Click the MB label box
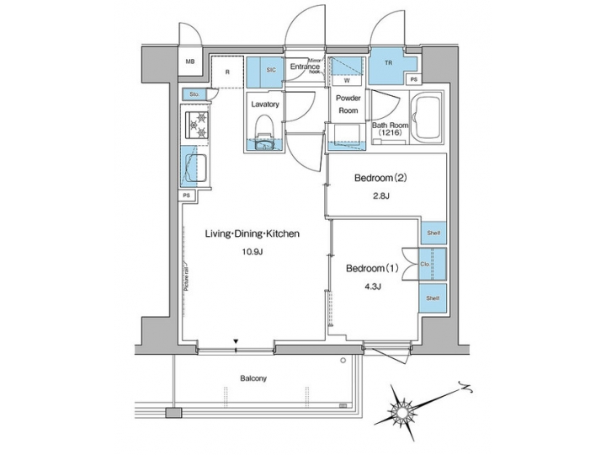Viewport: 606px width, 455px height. pos(190,62)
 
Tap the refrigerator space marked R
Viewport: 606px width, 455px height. pos(227,72)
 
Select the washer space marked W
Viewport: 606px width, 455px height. pos(346,81)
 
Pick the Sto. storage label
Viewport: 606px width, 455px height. pos(193,94)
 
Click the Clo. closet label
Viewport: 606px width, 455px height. pos(425,265)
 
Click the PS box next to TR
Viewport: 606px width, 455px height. pos(412,80)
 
